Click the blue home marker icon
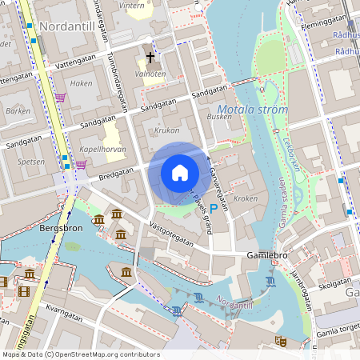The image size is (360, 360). [x=180, y=173]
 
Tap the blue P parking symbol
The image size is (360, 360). [x=214, y=207]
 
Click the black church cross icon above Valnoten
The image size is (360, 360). [x=150, y=58]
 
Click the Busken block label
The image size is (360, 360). [x=219, y=116]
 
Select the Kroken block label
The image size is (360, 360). [x=246, y=198]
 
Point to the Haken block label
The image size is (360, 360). [x=81, y=83]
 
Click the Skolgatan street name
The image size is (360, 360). [x=334, y=284]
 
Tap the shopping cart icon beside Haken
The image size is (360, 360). [x=61, y=98]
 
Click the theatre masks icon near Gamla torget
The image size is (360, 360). [x=281, y=340]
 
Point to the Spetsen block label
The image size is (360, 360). [x=30, y=161]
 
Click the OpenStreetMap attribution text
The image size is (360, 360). [x=80, y=354]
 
